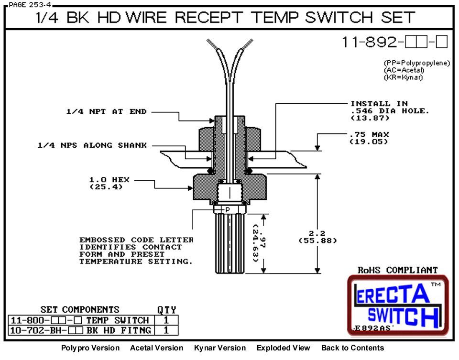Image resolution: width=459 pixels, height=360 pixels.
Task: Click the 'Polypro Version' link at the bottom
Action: click(x=90, y=348)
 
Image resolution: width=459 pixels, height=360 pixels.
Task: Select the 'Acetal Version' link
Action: click(x=156, y=348)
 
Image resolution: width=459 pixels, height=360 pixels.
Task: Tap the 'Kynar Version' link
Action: click(x=220, y=348)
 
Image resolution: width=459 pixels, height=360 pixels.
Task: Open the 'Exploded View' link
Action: click(x=283, y=348)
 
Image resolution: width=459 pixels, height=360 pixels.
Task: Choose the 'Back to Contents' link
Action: click(x=352, y=348)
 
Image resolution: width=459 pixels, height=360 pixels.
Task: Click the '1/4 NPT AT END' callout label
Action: click(x=107, y=112)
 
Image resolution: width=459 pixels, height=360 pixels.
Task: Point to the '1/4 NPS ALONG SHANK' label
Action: click(x=92, y=145)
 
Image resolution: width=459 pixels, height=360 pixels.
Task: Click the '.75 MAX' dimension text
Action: click(x=369, y=134)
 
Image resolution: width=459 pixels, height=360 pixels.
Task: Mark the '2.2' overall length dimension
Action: click(x=317, y=234)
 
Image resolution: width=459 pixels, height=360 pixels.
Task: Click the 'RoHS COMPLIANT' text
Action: click(x=398, y=270)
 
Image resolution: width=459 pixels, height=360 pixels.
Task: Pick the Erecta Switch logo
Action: click(x=397, y=305)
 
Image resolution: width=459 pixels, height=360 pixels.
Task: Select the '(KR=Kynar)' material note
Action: click(x=403, y=77)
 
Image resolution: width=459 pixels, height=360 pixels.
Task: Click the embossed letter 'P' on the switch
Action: click(x=228, y=209)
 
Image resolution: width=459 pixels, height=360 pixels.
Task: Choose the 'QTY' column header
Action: click(x=166, y=310)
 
